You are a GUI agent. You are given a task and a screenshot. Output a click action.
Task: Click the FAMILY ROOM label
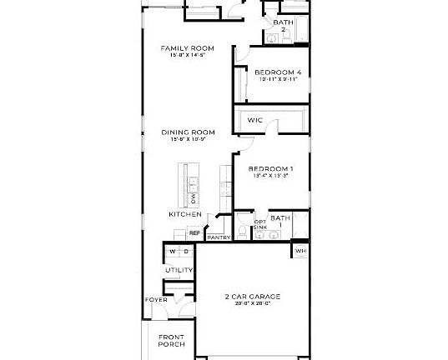point(187,48)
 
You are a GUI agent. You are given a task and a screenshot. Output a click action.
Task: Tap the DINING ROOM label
point(188,132)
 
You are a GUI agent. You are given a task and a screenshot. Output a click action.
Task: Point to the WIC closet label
point(255,121)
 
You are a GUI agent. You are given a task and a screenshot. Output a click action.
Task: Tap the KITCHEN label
point(185,214)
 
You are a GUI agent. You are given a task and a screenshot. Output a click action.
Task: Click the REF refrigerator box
point(194,233)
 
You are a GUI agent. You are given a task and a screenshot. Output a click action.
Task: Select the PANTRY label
point(219,237)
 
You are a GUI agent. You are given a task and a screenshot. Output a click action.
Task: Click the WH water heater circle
point(300,250)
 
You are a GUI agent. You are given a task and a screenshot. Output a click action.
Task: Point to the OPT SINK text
point(260,224)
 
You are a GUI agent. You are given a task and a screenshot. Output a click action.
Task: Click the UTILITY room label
point(179,271)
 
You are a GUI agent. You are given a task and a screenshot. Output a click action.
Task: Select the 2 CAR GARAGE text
point(252,296)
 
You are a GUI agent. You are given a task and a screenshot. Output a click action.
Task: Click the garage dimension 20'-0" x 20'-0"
point(252,304)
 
